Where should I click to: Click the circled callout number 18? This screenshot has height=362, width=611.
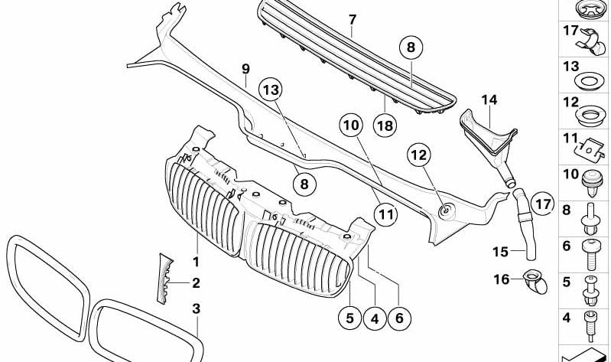[385, 126]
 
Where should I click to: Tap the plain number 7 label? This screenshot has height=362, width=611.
[353, 20]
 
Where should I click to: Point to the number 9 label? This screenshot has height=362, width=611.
[245, 70]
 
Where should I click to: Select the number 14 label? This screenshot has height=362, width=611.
[489, 100]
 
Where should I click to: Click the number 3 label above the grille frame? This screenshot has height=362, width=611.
[197, 309]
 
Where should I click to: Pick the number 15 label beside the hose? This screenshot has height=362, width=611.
[500, 252]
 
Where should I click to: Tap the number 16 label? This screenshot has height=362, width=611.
[502, 279]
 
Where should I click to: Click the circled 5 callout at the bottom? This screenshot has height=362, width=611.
[350, 318]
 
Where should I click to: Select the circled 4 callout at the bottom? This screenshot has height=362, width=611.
[375, 319]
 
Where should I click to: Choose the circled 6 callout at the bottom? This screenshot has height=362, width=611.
[399, 318]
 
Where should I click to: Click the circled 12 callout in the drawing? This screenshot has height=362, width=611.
[419, 155]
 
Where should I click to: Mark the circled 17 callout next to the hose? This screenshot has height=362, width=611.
[542, 204]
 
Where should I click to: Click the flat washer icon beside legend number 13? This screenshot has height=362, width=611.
[590, 82]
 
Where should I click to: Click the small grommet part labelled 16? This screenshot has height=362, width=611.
[535, 282]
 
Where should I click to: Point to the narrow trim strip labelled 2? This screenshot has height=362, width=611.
[165, 278]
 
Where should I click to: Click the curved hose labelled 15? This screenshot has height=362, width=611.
[524, 223]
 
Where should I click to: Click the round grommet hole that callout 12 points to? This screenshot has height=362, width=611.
[446, 211]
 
